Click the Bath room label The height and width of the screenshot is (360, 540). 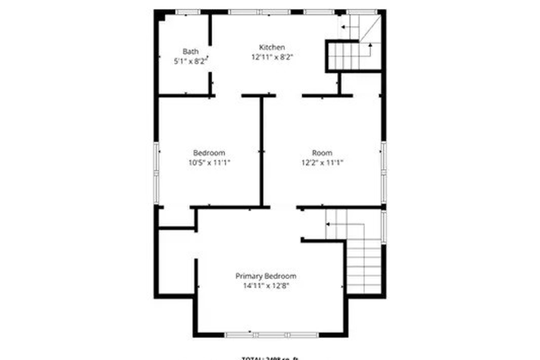pyautogui.click(x=191, y=51)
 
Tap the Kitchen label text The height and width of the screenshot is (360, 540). pyautogui.click(x=272, y=47)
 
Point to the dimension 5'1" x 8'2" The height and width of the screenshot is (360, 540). pyautogui.click(x=191, y=61)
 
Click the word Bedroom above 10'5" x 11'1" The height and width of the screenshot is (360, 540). pyautogui.click(x=209, y=152)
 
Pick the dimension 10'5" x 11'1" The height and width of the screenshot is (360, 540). pyautogui.click(x=209, y=163)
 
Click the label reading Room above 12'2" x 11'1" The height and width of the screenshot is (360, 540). pyautogui.click(x=322, y=152)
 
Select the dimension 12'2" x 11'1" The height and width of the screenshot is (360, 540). pyautogui.click(x=322, y=163)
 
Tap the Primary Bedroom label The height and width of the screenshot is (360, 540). pyautogui.click(x=266, y=276)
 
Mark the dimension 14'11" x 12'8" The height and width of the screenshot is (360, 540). pyautogui.click(x=266, y=286)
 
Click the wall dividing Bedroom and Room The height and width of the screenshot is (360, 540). pyautogui.click(x=262, y=151)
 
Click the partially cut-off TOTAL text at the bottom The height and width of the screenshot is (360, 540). pyautogui.click(x=270, y=357)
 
